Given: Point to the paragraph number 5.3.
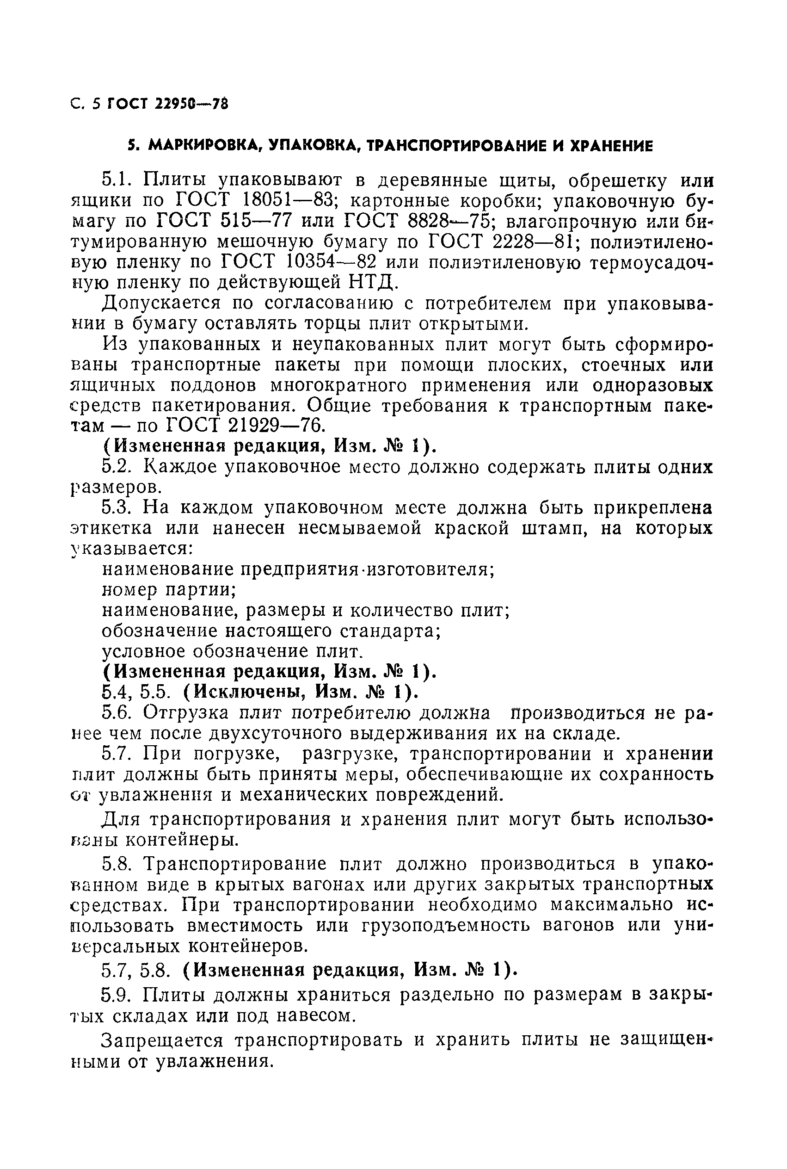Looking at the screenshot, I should (117, 508).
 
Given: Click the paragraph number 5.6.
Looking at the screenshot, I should (117, 713).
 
